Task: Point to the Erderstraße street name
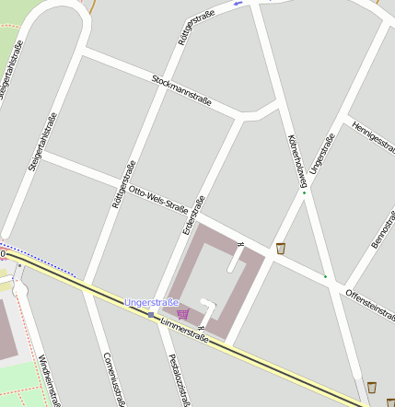pos(194,214)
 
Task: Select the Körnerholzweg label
pos(296,155)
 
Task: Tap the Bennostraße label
pos(381,230)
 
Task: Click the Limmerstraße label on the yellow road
pos(184,331)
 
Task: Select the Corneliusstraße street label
pos(115,378)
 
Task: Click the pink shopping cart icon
pos(182,314)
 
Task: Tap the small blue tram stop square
pos(151,315)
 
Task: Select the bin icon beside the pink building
pos(280,248)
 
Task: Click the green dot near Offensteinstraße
pos(325,275)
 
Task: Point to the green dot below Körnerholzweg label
pos(304,192)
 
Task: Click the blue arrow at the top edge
pos(238,3)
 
